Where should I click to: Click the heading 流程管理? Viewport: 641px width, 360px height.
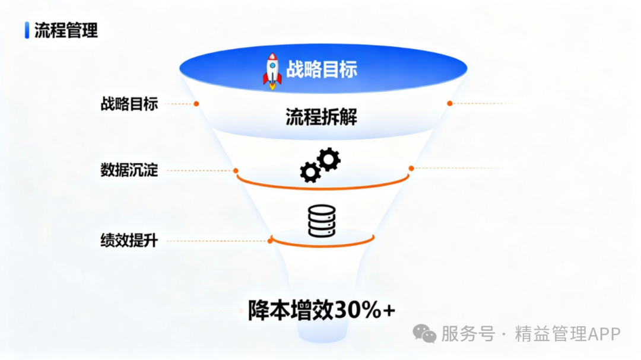[x=66, y=30]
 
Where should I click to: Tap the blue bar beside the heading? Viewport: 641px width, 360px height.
[x=27, y=30]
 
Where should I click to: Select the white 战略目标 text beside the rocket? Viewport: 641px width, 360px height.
[x=321, y=69]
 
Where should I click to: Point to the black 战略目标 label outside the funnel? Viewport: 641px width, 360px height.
[x=129, y=104]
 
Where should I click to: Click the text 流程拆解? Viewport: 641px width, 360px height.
[x=321, y=117]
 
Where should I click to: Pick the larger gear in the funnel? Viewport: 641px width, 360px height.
[x=329, y=160]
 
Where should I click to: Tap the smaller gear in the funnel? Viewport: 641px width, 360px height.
[x=310, y=172]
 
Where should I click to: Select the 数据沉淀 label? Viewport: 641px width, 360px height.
[x=129, y=171]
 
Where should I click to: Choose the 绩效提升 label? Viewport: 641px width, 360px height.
[x=129, y=241]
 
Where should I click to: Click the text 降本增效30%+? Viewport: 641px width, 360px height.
[x=321, y=310]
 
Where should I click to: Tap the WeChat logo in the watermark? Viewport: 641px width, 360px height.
[x=424, y=333]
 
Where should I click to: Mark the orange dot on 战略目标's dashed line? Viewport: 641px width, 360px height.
[x=196, y=104]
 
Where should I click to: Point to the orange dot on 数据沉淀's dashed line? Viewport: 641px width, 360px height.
[x=236, y=171]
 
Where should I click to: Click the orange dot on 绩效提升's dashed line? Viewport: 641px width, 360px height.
[x=270, y=241]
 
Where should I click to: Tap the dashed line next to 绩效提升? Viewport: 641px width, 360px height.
[x=214, y=241]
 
